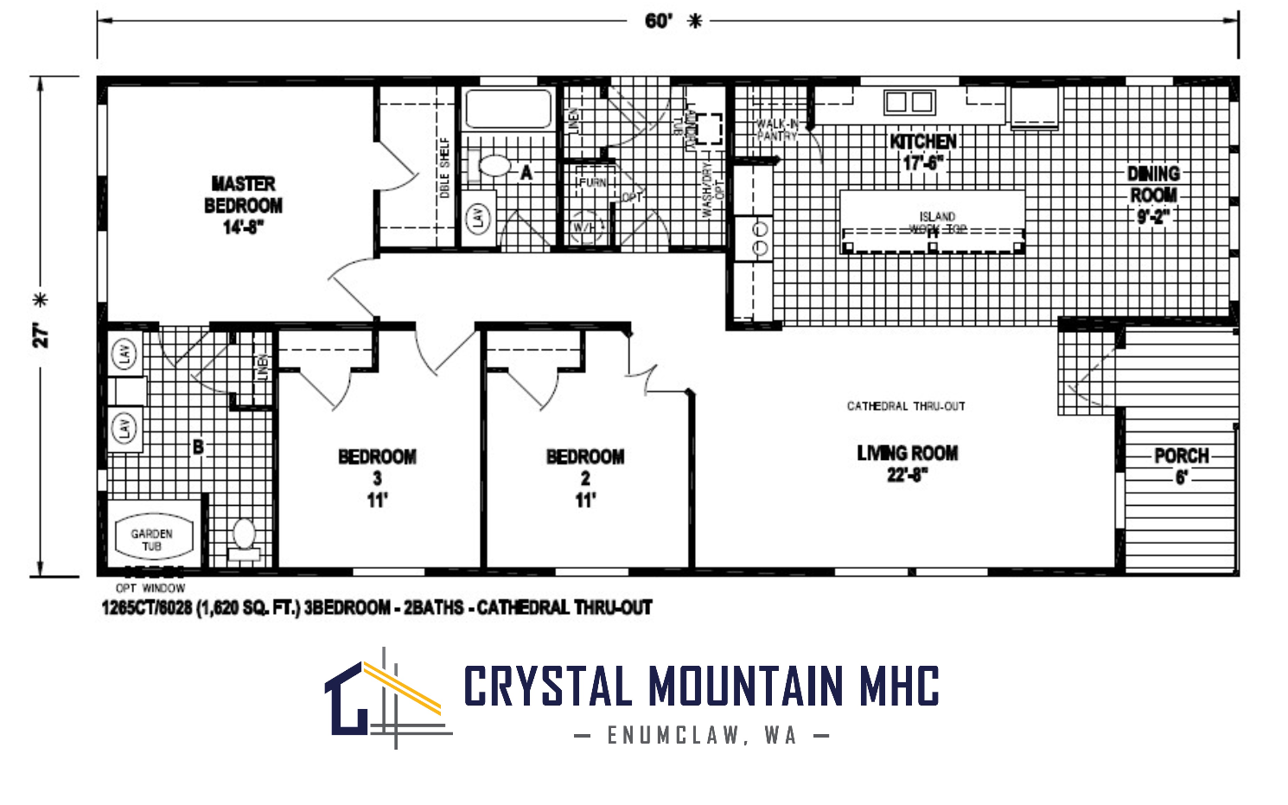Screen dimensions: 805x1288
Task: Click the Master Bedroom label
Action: coord(243,205)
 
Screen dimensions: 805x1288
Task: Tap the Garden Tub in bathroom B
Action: coord(151,540)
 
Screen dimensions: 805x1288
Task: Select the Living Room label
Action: coord(907,463)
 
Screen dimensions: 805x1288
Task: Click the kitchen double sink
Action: coord(909,102)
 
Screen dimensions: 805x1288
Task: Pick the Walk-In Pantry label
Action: coord(776,131)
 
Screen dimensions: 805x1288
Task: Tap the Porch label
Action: coord(1181,465)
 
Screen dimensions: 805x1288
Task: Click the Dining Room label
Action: coord(1153,195)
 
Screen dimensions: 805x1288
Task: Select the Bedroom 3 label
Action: coord(377,477)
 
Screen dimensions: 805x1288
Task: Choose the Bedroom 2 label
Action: coord(585,477)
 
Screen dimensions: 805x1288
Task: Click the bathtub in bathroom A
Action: coord(508,109)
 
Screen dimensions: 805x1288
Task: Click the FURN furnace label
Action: coord(592,182)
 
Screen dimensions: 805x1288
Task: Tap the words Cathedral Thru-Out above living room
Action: coord(906,406)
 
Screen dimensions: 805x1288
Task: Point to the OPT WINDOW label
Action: coord(150,588)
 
